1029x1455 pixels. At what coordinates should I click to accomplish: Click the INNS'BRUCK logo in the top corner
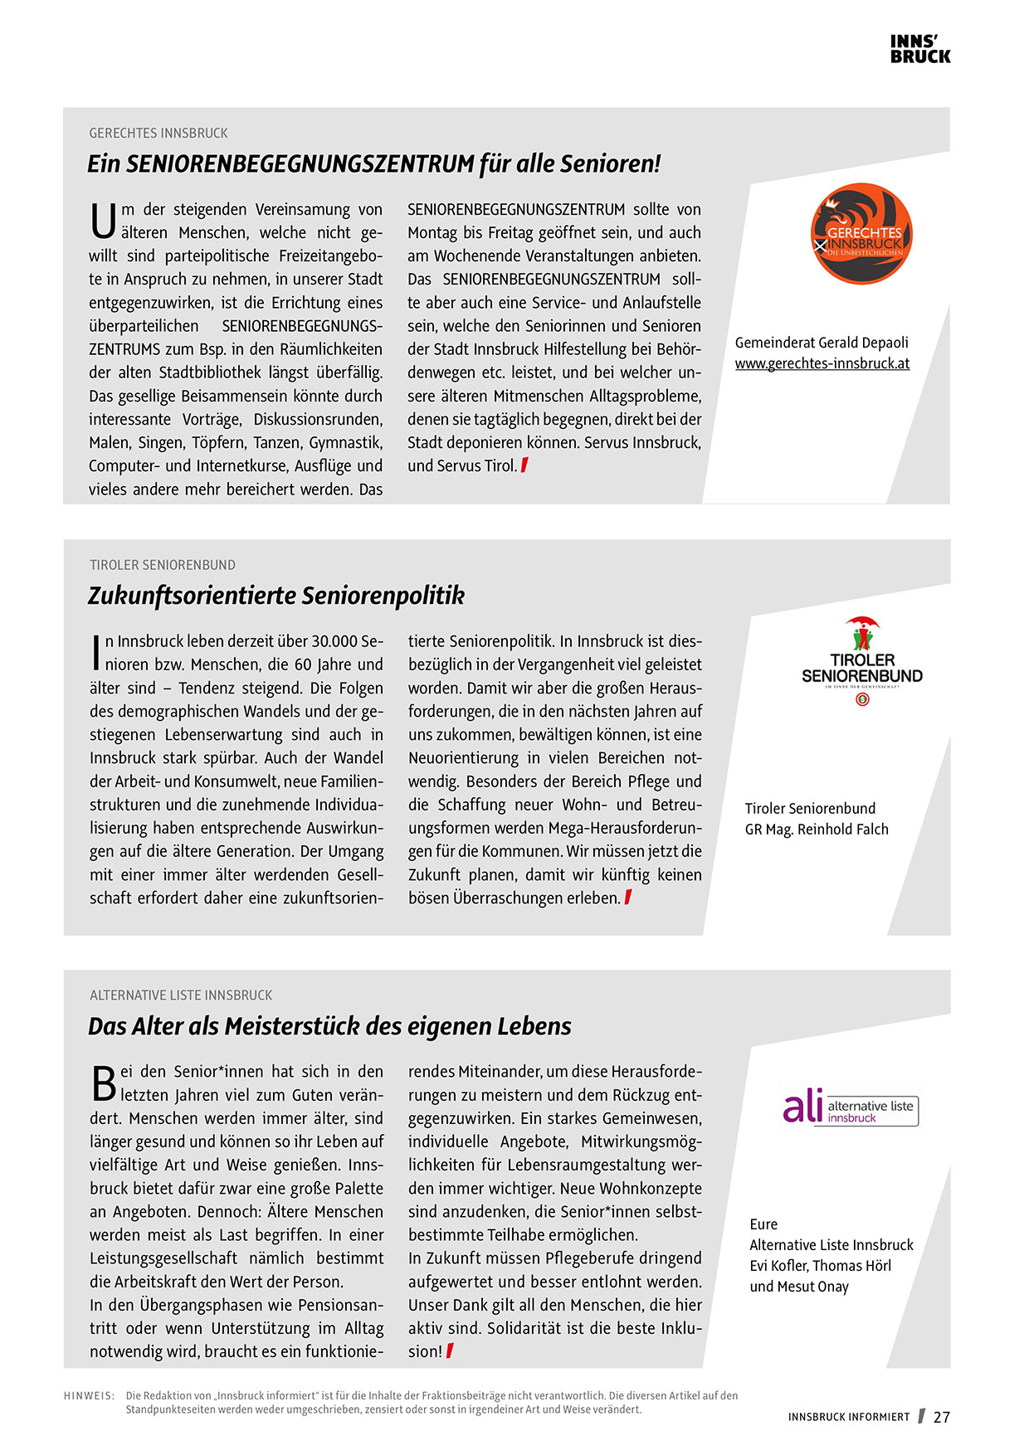pos(920,49)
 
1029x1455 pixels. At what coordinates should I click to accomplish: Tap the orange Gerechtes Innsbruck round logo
pos(861,234)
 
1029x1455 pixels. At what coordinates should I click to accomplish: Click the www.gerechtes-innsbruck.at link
pos(822,363)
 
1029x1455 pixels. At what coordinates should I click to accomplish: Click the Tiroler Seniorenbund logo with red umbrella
pos(862,661)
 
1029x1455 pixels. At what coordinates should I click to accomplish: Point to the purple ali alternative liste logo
pos(850,1107)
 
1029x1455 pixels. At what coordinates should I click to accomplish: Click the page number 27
pos(941,1417)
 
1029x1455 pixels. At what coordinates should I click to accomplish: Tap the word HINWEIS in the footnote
pos(89,1395)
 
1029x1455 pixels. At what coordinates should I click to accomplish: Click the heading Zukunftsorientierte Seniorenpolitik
pos(276,596)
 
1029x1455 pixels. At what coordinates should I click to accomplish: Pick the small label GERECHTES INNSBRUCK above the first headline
pos(158,133)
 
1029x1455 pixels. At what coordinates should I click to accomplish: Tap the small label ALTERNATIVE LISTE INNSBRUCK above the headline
pos(181,995)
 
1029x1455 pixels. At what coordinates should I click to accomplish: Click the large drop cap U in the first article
pos(103,221)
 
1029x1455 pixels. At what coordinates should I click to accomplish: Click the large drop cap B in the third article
pos(103,1083)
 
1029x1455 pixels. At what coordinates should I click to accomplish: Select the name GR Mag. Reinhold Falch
pos(817,829)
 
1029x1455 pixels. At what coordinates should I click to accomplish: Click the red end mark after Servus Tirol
pos(524,465)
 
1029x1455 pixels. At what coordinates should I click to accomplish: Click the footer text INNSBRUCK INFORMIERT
pos(849,1417)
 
